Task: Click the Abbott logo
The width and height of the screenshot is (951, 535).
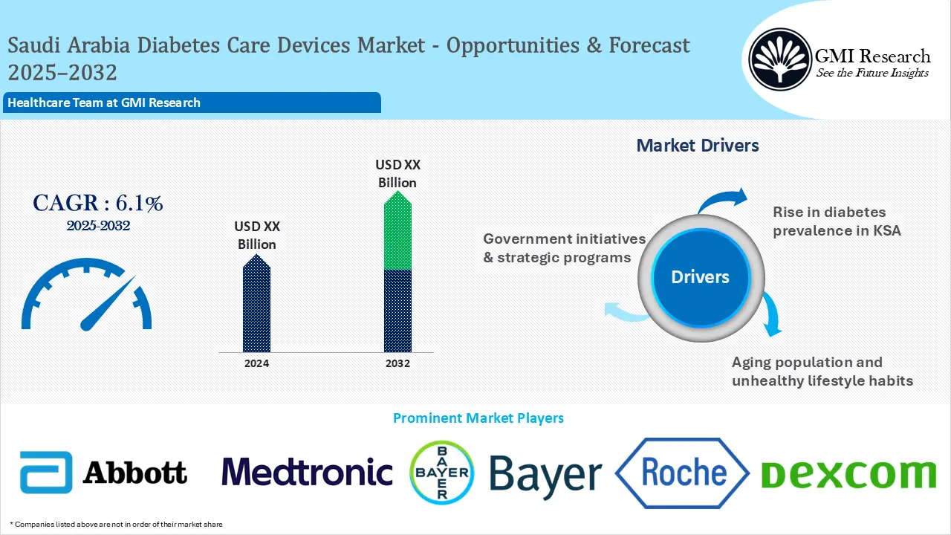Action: tap(103, 473)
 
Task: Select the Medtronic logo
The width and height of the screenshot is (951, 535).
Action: tap(307, 473)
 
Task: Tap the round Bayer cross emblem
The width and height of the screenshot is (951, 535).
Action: tap(441, 472)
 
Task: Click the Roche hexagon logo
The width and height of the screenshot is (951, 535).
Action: tap(683, 473)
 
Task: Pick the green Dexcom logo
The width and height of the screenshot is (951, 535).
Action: tap(848, 473)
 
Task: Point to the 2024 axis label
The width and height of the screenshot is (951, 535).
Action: tap(256, 363)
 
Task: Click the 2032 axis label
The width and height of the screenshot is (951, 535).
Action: tap(397, 363)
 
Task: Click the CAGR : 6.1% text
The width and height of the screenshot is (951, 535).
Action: tap(97, 203)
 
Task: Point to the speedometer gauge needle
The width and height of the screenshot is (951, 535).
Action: tap(108, 304)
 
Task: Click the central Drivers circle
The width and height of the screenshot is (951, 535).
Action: tap(700, 277)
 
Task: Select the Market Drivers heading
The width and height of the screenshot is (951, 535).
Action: tap(698, 146)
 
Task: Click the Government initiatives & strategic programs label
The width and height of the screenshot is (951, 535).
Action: tap(565, 248)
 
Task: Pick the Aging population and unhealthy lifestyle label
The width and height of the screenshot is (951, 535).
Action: tap(822, 372)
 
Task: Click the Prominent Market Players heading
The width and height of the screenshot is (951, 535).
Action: tap(478, 418)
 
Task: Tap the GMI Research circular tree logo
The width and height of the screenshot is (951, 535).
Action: tap(779, 59)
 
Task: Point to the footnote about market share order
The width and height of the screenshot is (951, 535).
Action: tap(116, 525)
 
